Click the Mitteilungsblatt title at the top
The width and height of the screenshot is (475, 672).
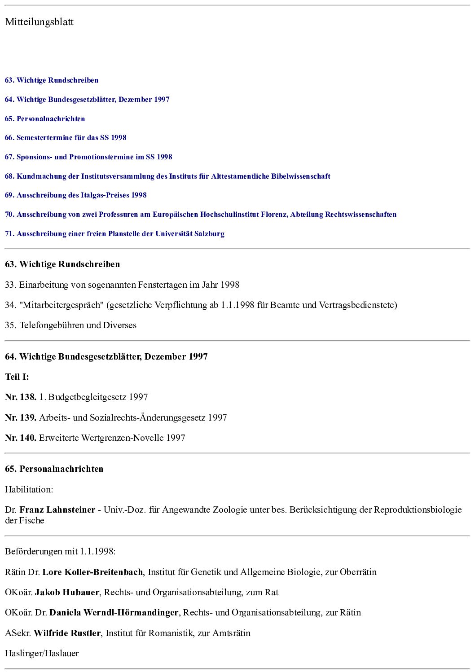[39, 22]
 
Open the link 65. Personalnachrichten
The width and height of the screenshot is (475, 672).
[45, 119]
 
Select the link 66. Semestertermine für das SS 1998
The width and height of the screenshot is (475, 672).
[66, 138]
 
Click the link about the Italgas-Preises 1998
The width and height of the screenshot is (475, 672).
[76, 195]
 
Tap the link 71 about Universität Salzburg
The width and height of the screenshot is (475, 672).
[114, 234]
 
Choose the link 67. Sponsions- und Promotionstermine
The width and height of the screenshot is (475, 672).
[88, 157]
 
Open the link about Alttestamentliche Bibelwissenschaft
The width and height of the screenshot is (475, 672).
[167, 176]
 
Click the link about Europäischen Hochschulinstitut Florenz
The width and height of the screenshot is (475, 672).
[201, 215]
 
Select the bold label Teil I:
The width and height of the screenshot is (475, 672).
[17, 377]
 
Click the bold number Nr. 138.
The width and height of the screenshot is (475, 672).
[21, 397]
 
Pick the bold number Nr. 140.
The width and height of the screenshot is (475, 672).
[21, 438]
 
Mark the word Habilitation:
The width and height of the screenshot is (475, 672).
[29, 490]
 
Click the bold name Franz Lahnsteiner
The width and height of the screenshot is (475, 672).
[57, 510]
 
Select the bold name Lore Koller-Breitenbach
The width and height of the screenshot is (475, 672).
[92, 572]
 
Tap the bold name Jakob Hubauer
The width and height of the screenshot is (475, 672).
[67, 593]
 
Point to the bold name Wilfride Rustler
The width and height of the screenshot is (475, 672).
[67, 633]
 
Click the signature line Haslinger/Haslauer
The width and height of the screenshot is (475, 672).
[42, 654]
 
